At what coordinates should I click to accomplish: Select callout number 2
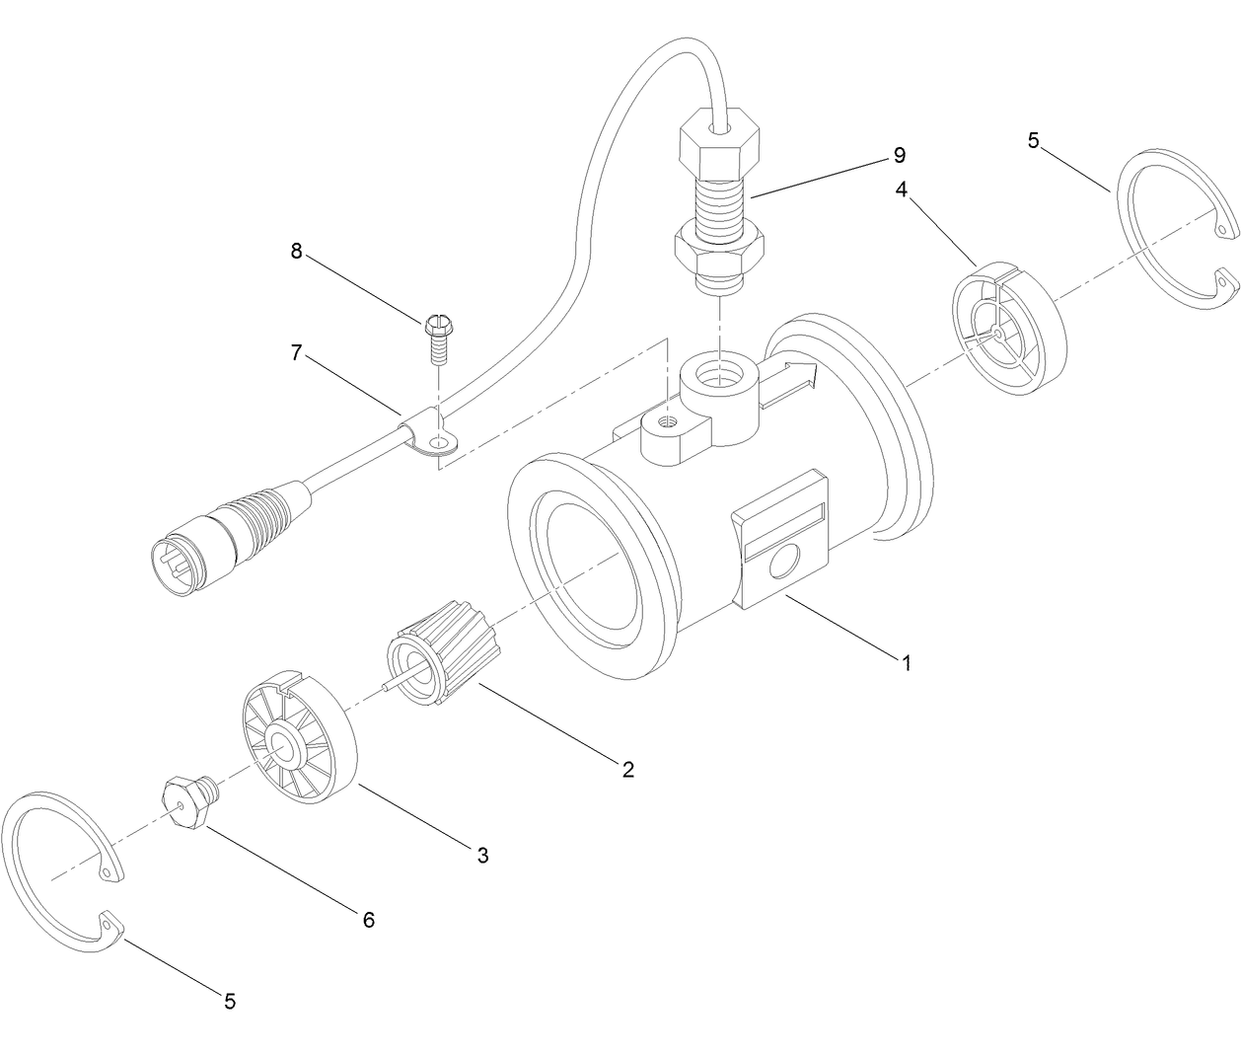click(x=627, y=769)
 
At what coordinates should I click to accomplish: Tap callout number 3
click(x=482, y=855)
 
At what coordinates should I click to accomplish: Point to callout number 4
click(x=902, y=189)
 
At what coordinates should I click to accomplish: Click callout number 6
click(x=368, y=920)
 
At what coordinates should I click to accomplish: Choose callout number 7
click(x=296, y=352)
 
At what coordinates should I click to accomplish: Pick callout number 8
click(x=296, y=251)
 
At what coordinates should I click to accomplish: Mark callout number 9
click(x=899, y=155)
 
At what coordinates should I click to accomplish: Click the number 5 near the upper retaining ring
click(x=1033, y=140)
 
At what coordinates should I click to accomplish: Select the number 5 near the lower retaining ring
click(x=229, y=1001)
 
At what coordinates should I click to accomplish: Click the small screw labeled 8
click(x=436, y=336)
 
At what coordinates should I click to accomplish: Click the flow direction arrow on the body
click(x=790, y=384)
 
